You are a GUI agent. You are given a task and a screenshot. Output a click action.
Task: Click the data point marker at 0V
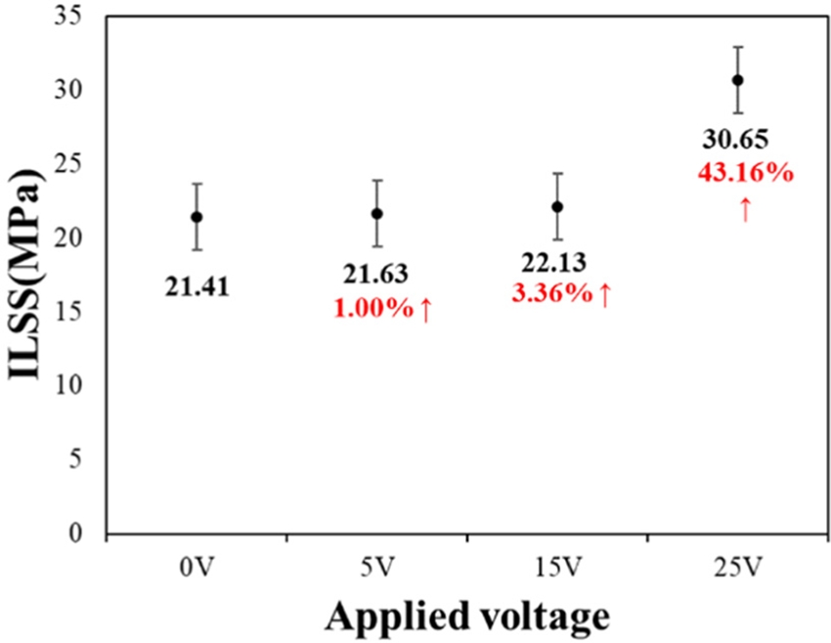197,217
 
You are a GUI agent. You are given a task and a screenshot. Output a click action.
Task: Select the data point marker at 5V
376,214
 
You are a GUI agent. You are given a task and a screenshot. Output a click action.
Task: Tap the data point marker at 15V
557,206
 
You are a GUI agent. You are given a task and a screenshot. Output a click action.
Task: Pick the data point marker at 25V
738,80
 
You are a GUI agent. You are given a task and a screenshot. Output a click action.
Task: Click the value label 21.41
197,288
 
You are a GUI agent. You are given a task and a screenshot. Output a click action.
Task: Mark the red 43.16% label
745,174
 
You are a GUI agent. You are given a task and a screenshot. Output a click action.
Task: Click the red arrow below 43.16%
745,208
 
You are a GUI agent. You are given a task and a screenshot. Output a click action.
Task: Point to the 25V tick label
738,565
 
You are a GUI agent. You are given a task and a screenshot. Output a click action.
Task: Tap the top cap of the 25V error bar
738,47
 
